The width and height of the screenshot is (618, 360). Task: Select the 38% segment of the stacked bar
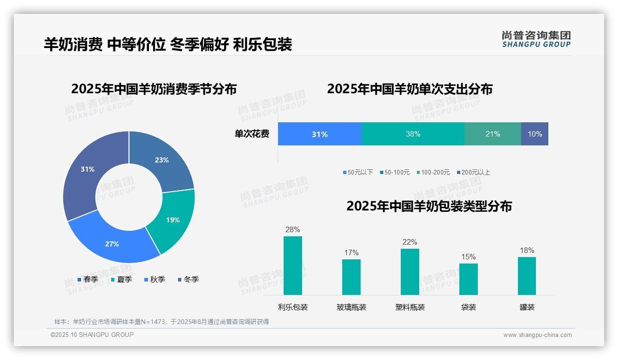(413, 134)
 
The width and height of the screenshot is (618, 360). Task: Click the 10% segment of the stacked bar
(535, 134)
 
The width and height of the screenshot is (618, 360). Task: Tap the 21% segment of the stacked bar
(493, 134)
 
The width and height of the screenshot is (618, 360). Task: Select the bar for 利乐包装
(293, 265)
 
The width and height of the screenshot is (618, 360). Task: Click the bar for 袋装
(469, 279)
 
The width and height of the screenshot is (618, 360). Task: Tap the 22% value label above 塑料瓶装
(410, 242)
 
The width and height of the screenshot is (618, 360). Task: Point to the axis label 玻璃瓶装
(351, 307)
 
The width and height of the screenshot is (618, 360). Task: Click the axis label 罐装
(527, 307)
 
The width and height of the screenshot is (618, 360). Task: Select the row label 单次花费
(252, 134)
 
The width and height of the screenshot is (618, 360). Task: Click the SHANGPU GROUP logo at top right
(536, 39)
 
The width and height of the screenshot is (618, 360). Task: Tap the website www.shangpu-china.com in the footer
(537, 335)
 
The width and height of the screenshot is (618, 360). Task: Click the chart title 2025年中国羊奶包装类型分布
(429, 206)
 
